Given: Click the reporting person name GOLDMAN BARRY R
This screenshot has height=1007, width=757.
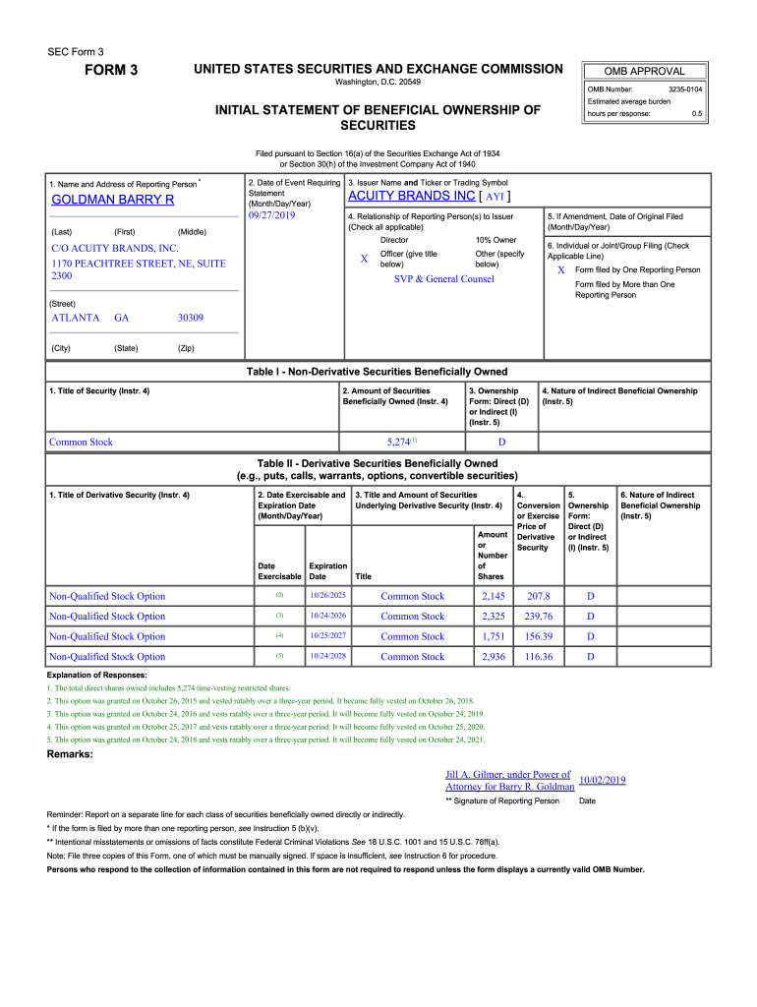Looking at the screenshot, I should [112, 201].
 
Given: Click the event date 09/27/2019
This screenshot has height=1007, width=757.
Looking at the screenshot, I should [272, 215].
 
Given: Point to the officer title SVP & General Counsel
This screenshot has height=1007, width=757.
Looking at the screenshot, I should [443, 279].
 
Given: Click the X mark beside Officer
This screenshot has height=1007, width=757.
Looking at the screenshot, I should [364, 259].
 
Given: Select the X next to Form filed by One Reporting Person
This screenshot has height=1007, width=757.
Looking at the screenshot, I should [561, 269].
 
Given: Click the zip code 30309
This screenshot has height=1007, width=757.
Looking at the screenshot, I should [191, 318].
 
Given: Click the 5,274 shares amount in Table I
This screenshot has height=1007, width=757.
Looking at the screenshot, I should [398, 443].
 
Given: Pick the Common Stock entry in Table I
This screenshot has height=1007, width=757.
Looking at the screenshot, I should [82, 443].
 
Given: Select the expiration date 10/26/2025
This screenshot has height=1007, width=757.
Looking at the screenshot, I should [327, 596].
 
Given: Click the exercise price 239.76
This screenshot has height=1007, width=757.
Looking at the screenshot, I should [539, 617].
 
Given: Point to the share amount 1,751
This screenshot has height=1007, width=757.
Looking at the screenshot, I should [493, 636].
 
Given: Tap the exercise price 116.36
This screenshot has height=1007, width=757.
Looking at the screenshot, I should [539, 657].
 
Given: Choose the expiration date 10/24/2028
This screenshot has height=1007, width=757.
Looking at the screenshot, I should [327, 656].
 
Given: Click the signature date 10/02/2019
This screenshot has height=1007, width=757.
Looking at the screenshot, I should [603, 781].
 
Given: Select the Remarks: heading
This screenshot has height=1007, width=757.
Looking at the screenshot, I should [70, 754].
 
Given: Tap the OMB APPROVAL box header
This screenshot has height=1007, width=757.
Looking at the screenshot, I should [646, 71].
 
